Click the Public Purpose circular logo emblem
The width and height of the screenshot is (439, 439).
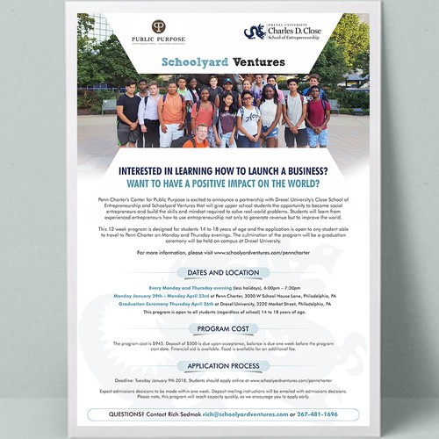tap(158, 27)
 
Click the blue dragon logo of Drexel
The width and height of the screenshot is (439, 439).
tap(254, 32)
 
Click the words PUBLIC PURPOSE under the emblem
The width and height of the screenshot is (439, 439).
tap(158, 40)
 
